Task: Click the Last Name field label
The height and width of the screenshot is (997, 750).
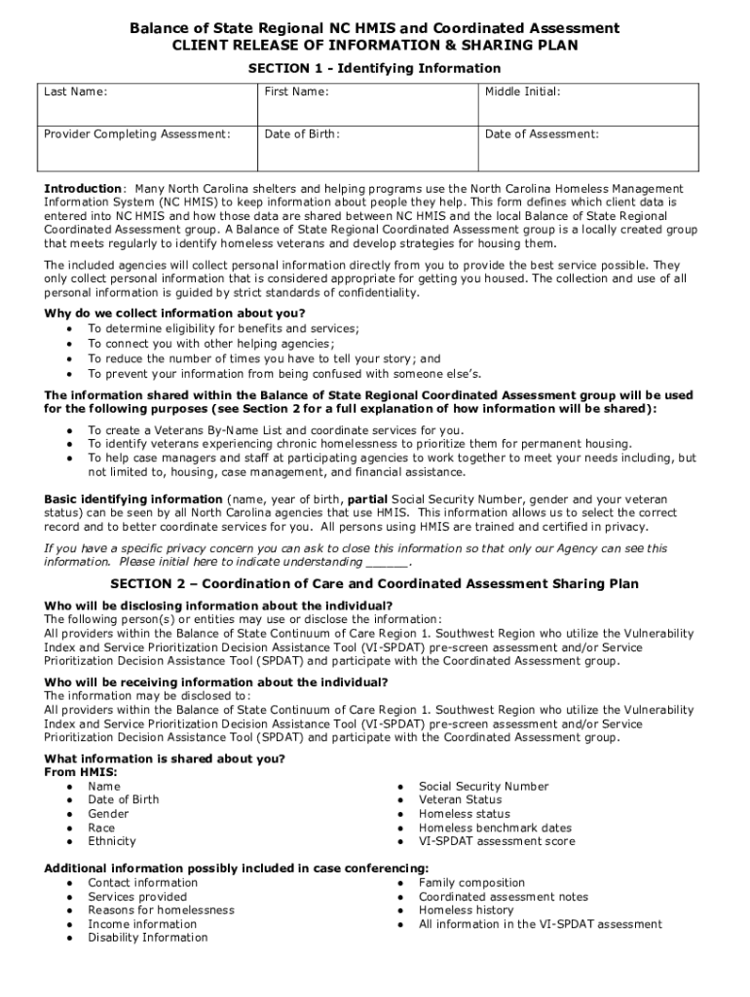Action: [x=75, y=92]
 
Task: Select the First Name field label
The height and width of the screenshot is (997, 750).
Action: [x=296, y=92]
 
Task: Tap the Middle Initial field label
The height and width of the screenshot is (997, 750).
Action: [x=522, y=92]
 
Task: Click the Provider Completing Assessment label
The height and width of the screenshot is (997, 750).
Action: [x=137, y=134]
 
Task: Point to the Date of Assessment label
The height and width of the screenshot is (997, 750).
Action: [x=542, y=134]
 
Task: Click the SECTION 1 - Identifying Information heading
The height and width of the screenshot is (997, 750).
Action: [x=374, y=68]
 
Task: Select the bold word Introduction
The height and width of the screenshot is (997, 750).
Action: [x=83, y=188]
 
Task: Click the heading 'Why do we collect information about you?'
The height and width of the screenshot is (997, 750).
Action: [x=174, y=313]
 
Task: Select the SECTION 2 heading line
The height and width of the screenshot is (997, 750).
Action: [x=374, y=584]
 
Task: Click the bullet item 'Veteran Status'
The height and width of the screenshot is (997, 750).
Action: [x=460, y=799]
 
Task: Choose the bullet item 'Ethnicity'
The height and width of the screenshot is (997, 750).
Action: [x=112, y=841]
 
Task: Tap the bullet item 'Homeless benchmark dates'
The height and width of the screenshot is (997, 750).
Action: [x=495, y=828]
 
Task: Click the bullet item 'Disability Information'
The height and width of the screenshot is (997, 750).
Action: [x=147, y=938]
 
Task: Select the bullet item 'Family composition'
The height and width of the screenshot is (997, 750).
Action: [x=471, y=883]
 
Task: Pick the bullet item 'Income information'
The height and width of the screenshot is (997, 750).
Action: [x=141, y=924]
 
